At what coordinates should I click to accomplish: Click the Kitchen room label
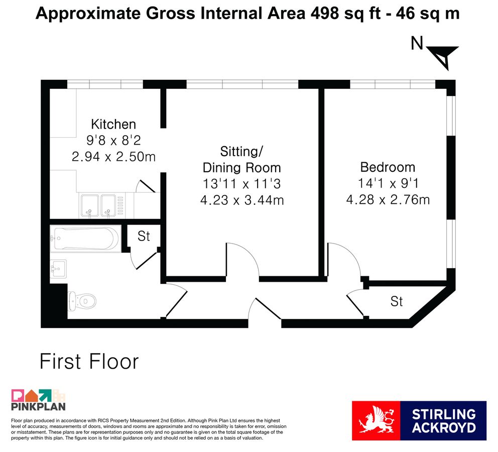coord(113,124)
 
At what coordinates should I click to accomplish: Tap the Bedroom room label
coord(388,167)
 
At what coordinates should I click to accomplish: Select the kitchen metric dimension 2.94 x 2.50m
coord(113,157)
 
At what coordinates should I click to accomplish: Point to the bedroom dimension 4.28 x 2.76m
coord(388,200)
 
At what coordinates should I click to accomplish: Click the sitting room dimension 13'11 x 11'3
coord(241,184)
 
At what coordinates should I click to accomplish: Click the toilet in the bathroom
coord(82,300)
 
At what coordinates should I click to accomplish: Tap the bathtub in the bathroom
coord(86,239)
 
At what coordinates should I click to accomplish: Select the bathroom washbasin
coord(58,269)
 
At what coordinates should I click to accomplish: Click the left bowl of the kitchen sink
coord(90,205)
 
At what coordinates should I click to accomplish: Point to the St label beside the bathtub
coord(144,237)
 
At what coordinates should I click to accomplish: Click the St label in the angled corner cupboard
coord(397,301)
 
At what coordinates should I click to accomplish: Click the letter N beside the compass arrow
coord(417,43)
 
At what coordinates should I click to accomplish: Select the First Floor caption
coord(89,362)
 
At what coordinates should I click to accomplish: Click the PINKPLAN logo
coord(38,400)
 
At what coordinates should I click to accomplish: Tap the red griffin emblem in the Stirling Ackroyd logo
coord(376,420)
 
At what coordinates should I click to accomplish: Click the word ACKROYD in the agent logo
coord(444,427)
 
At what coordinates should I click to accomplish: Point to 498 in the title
coord(324,14)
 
